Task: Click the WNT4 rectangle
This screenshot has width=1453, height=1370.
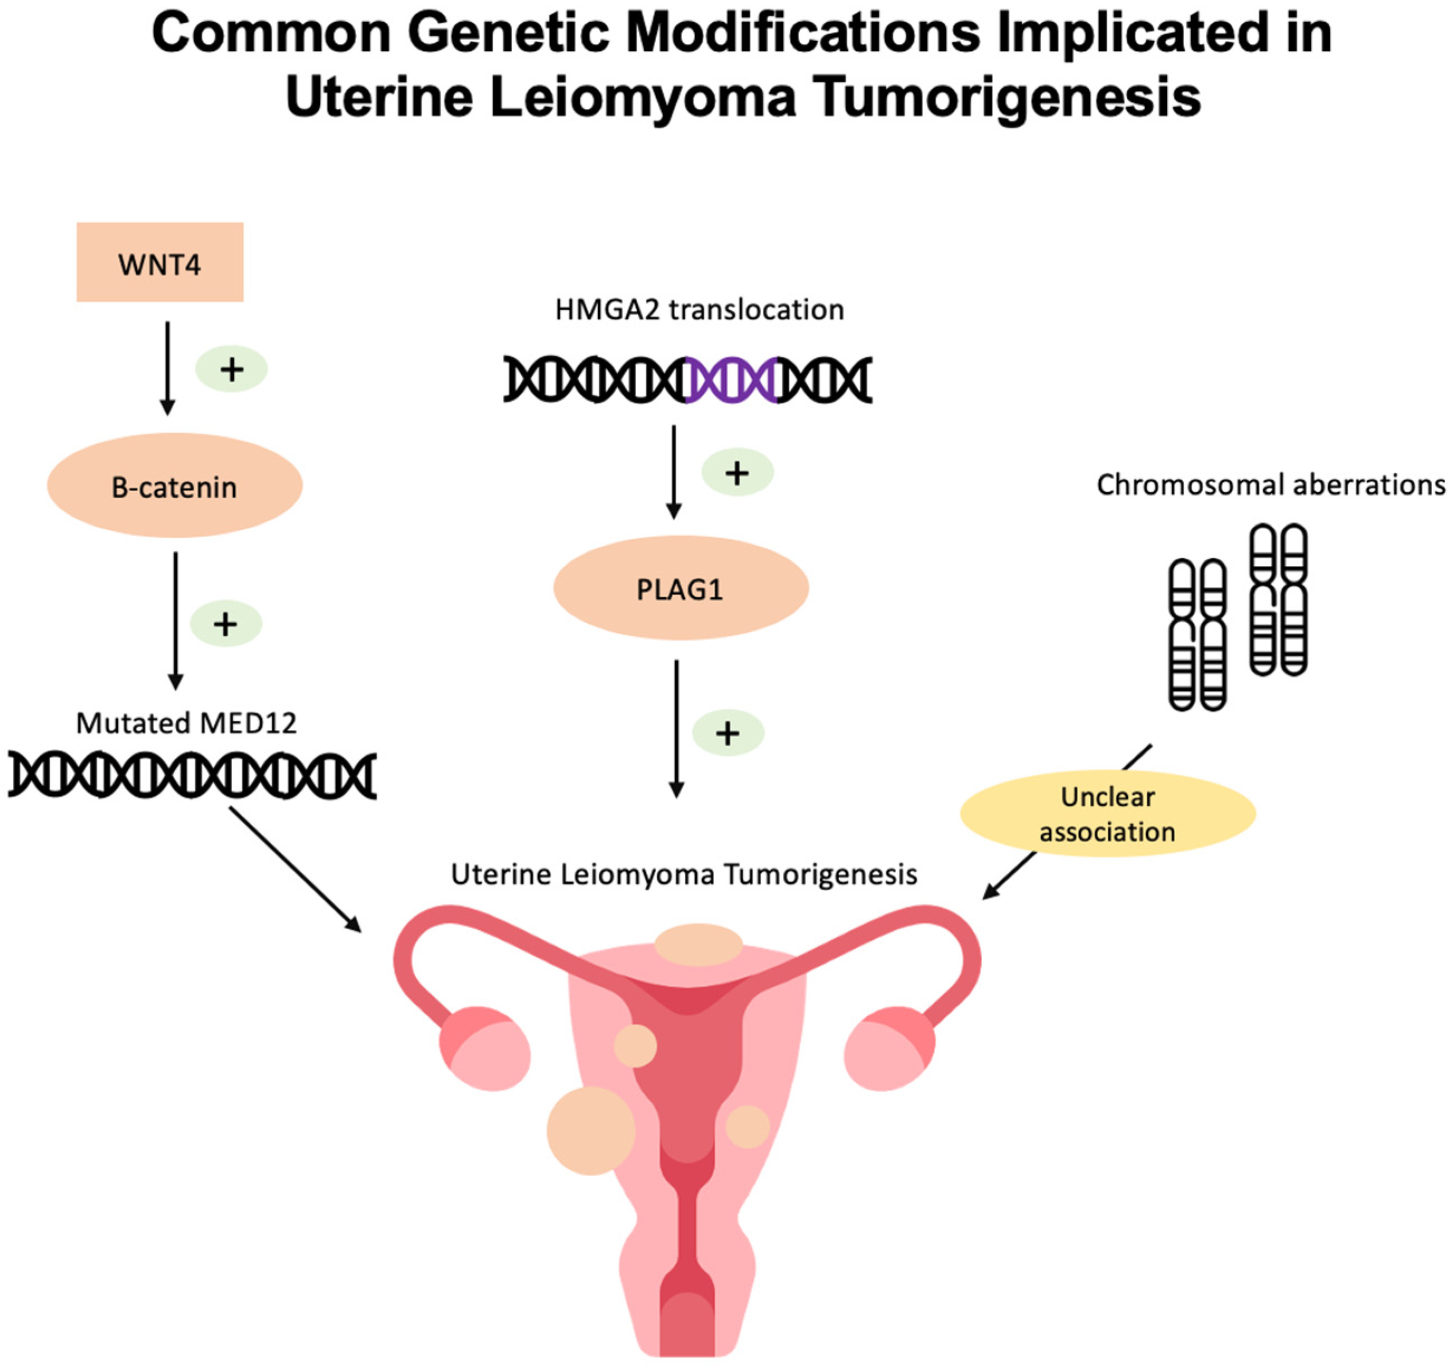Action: pyautogui.click(x=160, y=262)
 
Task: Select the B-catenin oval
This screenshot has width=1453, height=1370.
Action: pyautogui.click(x=175, y=486)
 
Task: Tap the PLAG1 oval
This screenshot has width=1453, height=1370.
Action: pyautogui.click(x=680, y=589)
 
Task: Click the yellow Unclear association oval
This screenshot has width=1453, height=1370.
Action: pyautogui.click(x=1106, y=814)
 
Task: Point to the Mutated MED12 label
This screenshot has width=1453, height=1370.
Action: pyautogui.click(x=186, y=723)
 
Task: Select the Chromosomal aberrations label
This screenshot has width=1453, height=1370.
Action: pyautogui.click(x=1271, y=485)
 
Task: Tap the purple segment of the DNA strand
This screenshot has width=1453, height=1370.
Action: pyautogui.click(x=732, y=380)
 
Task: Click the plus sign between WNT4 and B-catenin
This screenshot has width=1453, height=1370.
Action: pyautogui.click(x=231, y=369)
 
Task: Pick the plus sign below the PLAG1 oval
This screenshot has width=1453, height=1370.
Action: pyautogui.click(x=727, y=733)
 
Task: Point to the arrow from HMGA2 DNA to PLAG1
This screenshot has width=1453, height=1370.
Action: pyautogui.click(x=674, y=472)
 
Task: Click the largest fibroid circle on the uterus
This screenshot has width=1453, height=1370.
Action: pyautogui.click(x=590, y=1130)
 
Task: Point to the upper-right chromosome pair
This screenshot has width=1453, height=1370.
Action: pyautogui.click(x=1278, y=599)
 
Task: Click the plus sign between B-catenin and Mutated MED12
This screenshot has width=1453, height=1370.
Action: pyautogui.click(x=225, y=623)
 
